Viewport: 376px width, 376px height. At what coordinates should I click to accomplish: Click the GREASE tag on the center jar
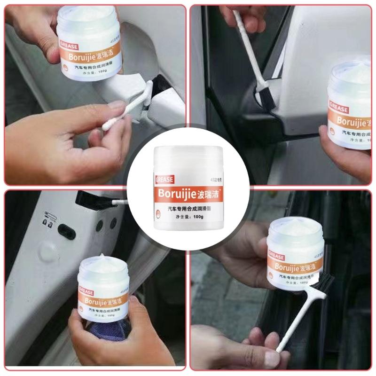point(164,179)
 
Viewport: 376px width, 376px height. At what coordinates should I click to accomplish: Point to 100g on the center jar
point(198,217)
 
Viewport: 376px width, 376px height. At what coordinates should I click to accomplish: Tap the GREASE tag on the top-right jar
point(339,109)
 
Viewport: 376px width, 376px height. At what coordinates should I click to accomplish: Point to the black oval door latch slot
point(66,232)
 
